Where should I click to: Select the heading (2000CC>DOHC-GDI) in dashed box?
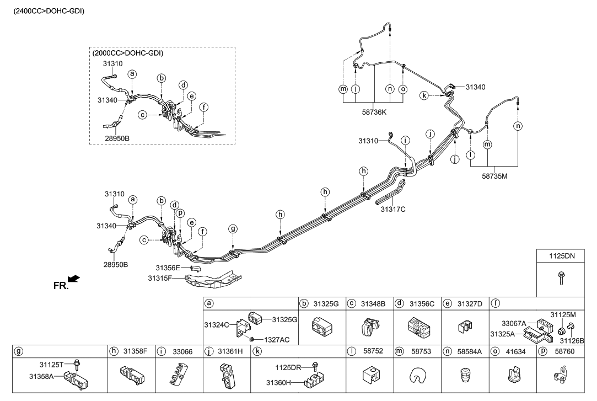(129, 54)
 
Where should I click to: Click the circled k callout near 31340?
(424, 95)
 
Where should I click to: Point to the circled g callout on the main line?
(233, 229)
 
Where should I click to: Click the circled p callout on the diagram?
(180, 213)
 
